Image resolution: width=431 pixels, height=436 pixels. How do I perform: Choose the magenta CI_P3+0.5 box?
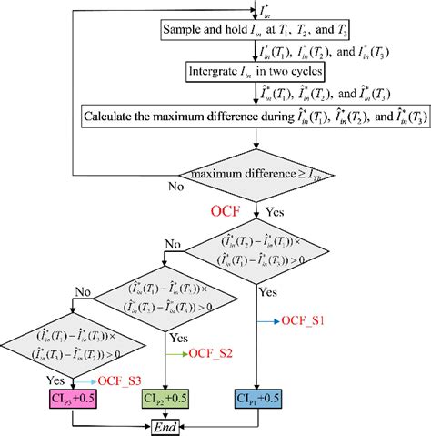(x=73, y=398)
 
